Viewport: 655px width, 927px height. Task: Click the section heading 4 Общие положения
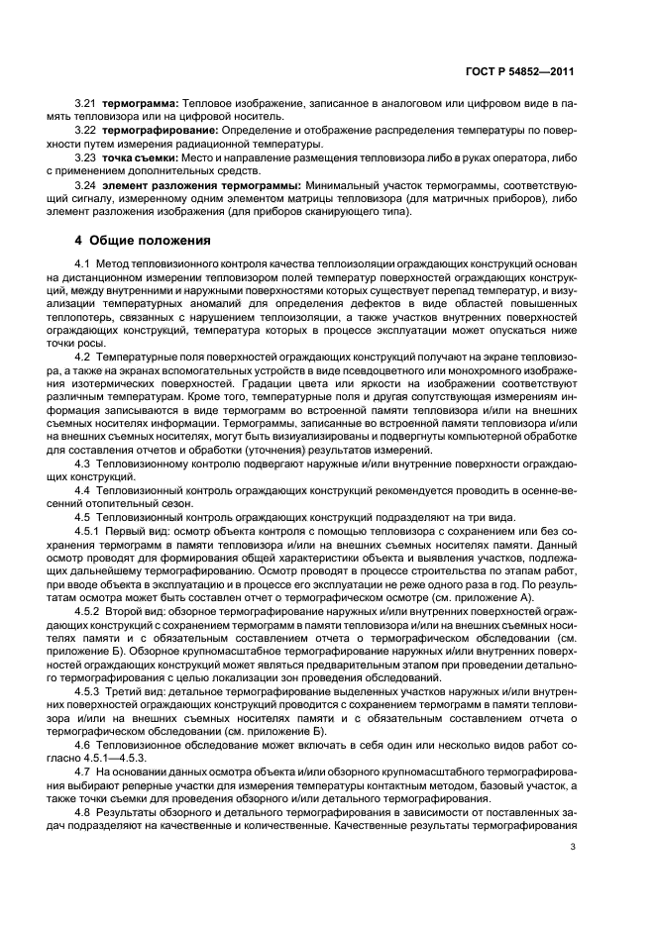coord(144,240)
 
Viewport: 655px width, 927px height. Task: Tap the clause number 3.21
coord(85,103)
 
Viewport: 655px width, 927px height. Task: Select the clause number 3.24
coord(85,184)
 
